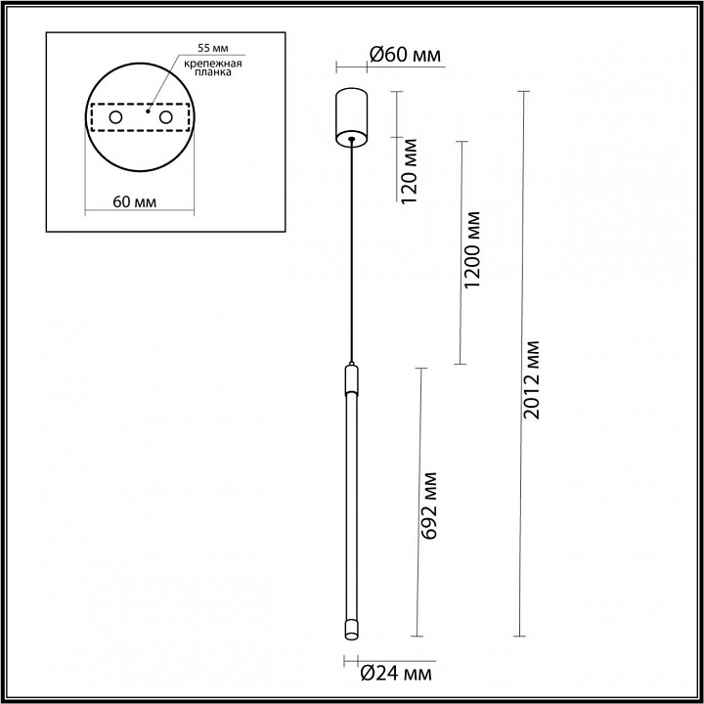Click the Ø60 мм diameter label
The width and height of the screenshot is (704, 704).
pos(406,56)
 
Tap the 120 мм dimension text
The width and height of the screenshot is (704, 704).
pos(410,172)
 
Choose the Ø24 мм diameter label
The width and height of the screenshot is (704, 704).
pos(395,673)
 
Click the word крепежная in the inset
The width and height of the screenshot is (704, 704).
pos(211,63)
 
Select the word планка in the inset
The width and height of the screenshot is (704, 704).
pos(211,74)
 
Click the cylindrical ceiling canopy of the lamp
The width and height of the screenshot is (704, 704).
pos(350,114)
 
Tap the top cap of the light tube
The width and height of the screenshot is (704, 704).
pos(351,376)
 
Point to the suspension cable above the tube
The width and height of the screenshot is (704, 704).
pos(351,254)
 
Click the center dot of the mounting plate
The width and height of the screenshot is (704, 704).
pos(148,112)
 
